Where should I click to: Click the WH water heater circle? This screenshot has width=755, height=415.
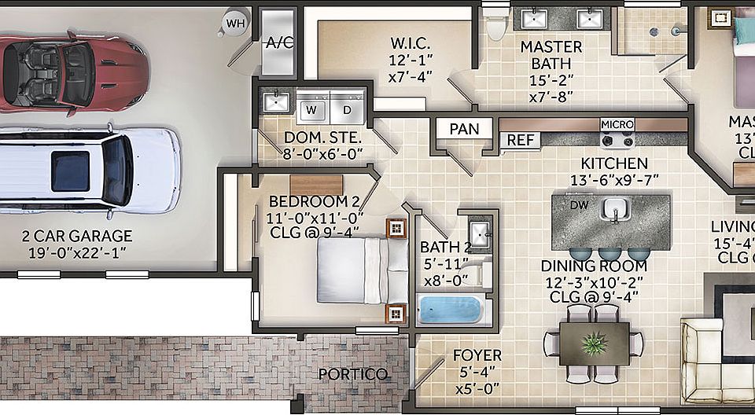point(235,23)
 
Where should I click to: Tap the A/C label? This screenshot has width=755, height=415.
point(280,42)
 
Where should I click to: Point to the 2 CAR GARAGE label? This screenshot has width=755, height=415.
point(77,236)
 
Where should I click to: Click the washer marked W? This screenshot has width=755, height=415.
point(312,108)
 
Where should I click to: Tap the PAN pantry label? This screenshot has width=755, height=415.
point(464,128)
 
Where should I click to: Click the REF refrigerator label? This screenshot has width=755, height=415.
point(520,141)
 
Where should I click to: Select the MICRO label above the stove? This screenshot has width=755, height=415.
point(617,124)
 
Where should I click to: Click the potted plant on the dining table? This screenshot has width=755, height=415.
point(592,342)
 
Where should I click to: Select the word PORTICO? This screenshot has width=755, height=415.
point(352,374)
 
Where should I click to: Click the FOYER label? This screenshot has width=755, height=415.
point(477,356)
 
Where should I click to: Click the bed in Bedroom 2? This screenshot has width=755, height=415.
point(362,270)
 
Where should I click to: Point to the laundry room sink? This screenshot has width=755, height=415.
point(276,101)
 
